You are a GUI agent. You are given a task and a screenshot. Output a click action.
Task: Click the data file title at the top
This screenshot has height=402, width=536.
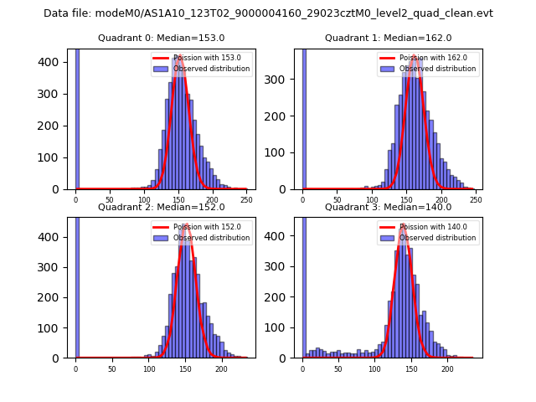point(268,13)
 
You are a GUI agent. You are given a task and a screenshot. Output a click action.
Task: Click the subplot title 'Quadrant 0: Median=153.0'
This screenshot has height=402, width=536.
point(162,38)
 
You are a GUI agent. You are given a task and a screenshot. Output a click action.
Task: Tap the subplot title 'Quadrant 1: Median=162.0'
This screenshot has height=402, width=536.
point(389,38)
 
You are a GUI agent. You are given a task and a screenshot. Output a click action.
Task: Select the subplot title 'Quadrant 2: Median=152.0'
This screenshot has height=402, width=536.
point(162,207)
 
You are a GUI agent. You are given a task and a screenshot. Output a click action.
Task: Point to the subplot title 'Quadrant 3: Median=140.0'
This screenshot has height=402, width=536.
point(389,207)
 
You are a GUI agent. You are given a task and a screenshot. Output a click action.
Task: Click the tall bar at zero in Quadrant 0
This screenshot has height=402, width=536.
point(77,117)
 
